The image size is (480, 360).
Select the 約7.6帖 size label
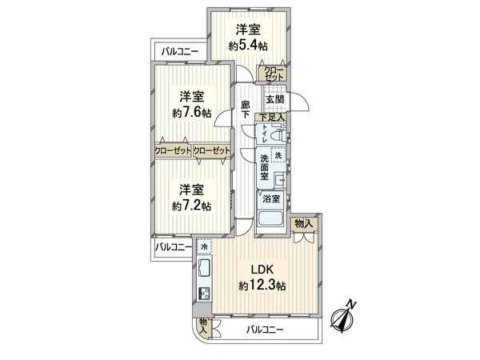tap(193, 113)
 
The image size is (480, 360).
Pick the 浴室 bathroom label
tap(270, 198)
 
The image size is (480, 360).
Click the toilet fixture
tap(276, 136)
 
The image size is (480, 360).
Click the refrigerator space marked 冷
tap(204, 248)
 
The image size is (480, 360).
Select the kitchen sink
tap(203, 267)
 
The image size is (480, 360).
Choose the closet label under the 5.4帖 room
tap(274, 74)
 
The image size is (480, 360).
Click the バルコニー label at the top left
tap(179, 52)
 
